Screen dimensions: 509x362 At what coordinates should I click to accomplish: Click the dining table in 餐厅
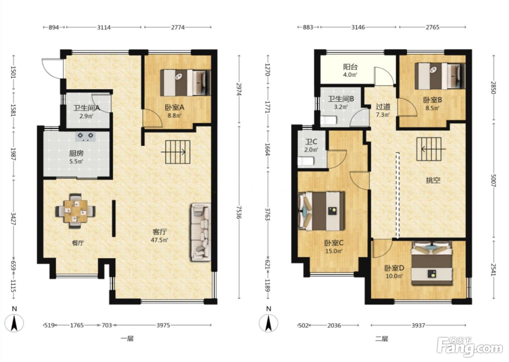76,211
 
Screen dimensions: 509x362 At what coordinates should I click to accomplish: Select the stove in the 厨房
86,137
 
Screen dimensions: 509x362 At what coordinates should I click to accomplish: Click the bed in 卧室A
185,83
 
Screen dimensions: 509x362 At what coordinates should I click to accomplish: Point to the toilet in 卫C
306,161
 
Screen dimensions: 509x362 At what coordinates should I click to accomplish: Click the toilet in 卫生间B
328,120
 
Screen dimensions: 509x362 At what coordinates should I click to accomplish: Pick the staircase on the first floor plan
178,152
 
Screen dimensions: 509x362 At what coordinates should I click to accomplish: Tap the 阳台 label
350,67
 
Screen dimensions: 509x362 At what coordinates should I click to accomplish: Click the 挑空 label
433,180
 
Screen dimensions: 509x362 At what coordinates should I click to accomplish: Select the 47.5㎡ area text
159,240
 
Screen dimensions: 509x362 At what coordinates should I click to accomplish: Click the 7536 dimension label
239,212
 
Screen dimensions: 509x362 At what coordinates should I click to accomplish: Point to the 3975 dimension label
163,325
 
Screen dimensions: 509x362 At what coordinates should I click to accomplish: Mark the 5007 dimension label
493,180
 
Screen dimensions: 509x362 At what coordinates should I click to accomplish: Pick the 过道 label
383,106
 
